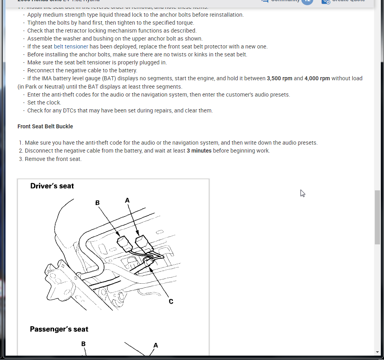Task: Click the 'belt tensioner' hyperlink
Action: point(71,46)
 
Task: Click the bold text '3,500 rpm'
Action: point(279,78)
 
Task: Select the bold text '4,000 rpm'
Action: point(317,78)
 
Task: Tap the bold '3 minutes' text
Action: point(199,151)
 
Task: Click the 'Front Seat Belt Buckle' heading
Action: point(45,126)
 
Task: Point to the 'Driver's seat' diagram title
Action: point(52,186)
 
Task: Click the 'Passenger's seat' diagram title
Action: point(59,329)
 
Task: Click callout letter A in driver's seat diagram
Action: point(127,200)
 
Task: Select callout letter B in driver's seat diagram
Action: point(97,203)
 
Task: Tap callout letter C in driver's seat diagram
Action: point(171,301)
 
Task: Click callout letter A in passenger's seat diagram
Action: point(155,345)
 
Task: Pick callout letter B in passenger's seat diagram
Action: point(83,343)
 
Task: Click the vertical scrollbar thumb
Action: point(377,217)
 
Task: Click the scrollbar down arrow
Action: point(377,352)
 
